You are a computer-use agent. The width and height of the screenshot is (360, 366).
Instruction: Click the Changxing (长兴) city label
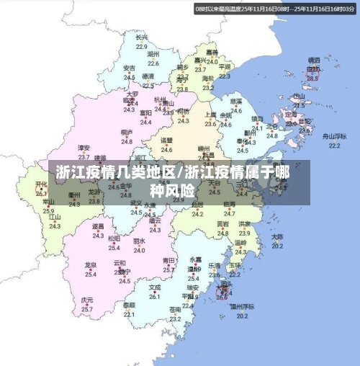point(141,37)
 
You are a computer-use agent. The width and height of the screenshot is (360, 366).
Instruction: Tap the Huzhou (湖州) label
point(153,54)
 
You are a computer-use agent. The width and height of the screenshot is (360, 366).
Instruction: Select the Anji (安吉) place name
point(129,68)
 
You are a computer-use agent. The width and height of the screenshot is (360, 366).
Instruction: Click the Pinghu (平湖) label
point(225,66)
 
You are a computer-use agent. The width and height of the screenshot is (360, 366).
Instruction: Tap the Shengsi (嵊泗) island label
point(313,61)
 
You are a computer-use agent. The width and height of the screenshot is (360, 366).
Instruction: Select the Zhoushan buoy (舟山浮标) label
point(334,135)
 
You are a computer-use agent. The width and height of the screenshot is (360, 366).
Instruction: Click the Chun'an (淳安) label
point(85,147)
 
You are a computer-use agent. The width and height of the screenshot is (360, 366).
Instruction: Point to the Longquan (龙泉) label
point(91,265)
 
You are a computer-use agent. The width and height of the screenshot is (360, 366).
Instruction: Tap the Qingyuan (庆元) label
point(87,300)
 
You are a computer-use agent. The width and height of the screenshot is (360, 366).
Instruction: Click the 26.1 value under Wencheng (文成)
point(155,295)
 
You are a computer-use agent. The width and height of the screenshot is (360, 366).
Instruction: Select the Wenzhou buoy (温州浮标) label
point(242,305)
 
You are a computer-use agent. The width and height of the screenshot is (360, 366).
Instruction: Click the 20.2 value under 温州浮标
point(242,315)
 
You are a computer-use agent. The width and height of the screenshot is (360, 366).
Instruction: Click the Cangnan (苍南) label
point(175,309)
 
